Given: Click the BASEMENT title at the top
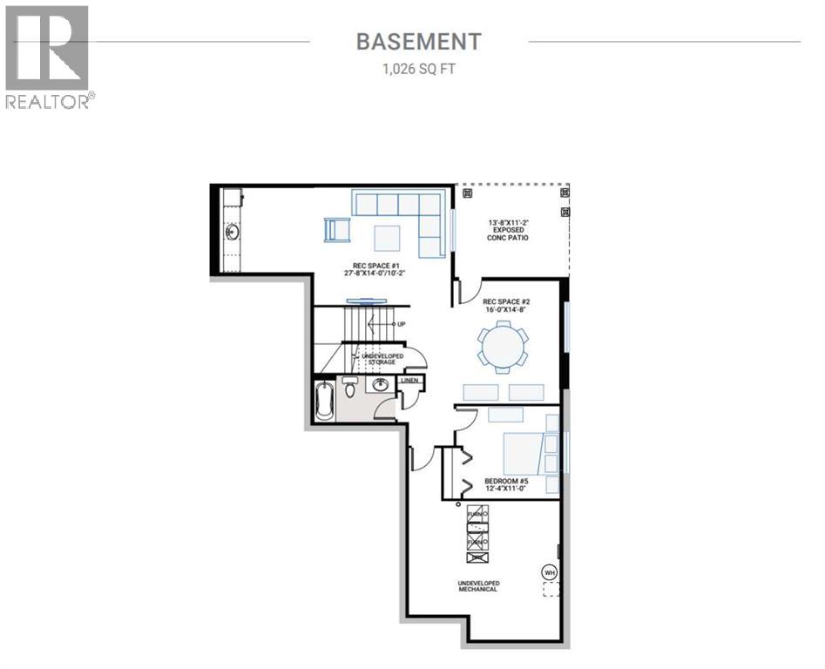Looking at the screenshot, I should pos(418,41).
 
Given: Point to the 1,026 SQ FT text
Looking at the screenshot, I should pos(418,69).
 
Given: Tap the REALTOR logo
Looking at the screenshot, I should pos(49,57).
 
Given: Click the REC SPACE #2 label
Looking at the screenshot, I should pos(506,307).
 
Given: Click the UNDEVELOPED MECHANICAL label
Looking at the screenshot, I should pos(479,586).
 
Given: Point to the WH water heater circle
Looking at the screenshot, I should pos(549,571).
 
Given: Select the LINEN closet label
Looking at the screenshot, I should pos(409,381).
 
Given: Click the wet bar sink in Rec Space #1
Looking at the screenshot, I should pos(233,232).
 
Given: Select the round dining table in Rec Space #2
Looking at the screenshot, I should pos(502,346).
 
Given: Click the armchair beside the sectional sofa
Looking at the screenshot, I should pos(335,230).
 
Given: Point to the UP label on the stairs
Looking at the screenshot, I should pos(401,324).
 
